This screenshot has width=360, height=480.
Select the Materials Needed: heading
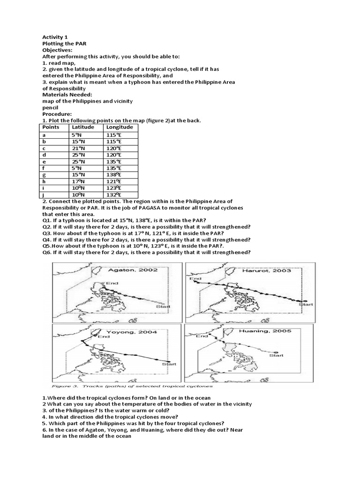coord(65,94)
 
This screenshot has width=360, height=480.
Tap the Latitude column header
coord(82,127)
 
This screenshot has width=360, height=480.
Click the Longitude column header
coord(120,127)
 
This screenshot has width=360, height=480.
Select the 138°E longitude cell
coord(114,174)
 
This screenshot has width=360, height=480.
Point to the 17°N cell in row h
coord(78,181)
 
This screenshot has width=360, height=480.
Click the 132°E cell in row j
coord(114,195)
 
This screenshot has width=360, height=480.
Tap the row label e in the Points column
coord(44,161)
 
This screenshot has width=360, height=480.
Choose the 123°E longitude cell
coord(114,188)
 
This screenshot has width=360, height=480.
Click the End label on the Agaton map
coord(112,283)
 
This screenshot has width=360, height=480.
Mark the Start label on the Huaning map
coord(277,355)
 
